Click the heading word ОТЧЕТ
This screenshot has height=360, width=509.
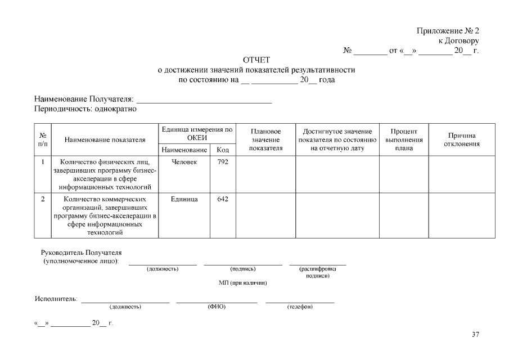pos(256,60)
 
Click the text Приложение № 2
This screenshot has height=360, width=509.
pos(448,31)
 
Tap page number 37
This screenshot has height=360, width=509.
pos(475,335)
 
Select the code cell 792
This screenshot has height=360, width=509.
pos(222,162)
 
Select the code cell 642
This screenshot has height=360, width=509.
pos(222,199)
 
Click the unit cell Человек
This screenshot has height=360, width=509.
pos(184,162)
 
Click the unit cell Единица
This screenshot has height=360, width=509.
pos(184,199)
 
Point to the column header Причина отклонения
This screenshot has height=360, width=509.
pos(462,139)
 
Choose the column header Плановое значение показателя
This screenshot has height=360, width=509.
pos(265,139)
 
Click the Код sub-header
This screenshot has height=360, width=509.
pos(222,150)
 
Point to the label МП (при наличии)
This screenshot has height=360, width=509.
pos(242,282)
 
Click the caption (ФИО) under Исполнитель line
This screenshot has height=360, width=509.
pos(217,307)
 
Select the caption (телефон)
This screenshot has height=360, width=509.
pos(300,307)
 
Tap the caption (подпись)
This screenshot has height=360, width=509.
pos(243,269)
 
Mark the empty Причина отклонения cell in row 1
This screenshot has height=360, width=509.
pos(462,174)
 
